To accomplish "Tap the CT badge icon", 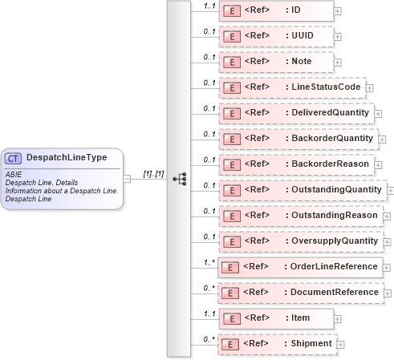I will [14, 158].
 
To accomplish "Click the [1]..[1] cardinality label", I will [153, 172].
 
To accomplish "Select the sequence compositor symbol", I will [179, 178].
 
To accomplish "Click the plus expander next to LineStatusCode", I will [370, 88].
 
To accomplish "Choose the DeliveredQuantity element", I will [296, 113].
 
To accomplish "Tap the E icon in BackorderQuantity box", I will [231, 139].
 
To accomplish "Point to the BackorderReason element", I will [296, 164].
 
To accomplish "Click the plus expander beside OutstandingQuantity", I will [391, 192].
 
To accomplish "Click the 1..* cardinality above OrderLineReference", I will [209, 261].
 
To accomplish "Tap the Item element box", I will [278, 318].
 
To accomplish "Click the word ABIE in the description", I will [14, 173].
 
